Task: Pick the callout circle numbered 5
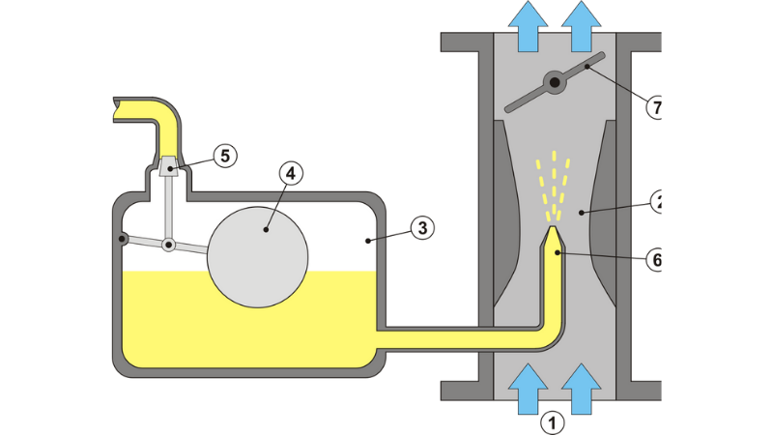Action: (224, 155)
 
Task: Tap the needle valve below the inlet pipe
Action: (170, 166)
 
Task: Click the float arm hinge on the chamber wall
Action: (122, 238)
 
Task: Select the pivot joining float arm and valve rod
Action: (168, 246)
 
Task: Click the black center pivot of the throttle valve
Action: (555, 84)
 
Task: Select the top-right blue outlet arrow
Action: (583, 24)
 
